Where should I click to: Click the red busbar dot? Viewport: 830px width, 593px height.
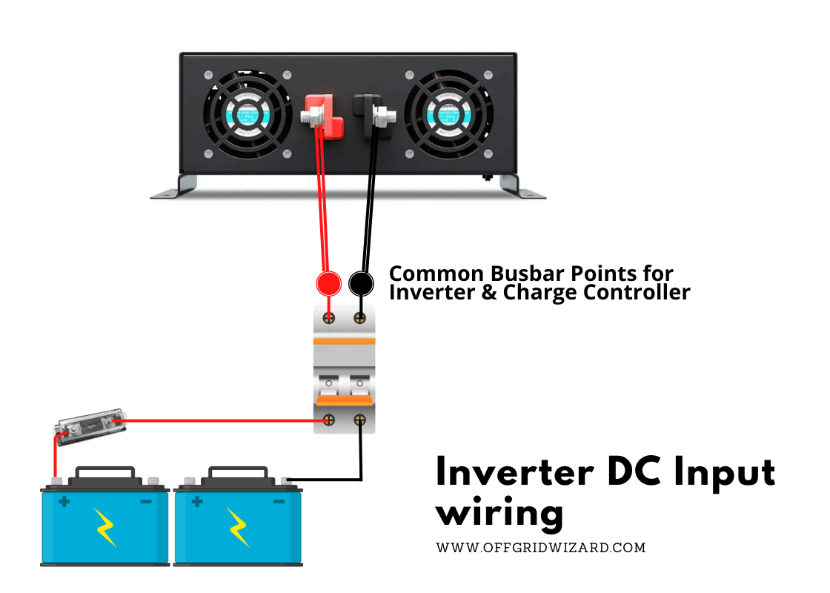point(328,283)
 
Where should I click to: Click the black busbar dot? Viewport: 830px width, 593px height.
point(361,283)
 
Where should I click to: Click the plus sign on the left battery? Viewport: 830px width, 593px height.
point(64,502)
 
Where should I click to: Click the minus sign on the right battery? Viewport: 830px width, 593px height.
point(279,502)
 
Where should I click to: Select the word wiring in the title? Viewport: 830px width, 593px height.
point(499,512)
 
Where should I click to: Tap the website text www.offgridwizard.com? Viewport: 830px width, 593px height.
point(540,548)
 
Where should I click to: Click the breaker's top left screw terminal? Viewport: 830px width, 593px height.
point(328,317)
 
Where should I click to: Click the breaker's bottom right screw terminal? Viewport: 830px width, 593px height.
point(361,420)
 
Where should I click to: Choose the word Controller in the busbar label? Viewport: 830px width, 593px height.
point(637,292)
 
